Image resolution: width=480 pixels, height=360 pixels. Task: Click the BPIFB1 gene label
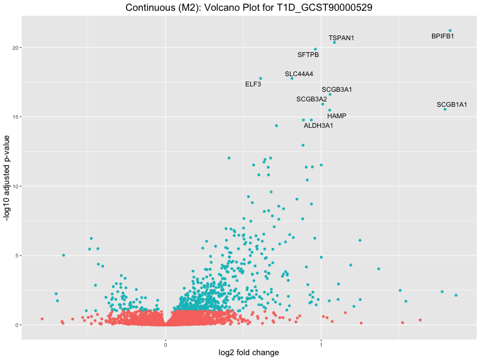[x=443, y=37]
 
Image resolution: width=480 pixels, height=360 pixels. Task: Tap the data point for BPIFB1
[x=450, y=31]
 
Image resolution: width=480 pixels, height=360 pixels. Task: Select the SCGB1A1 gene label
[x=452, y=105]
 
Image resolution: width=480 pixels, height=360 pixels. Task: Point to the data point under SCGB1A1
[x=445, y=109]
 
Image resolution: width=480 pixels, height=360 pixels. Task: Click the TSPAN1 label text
[x=341, y=38]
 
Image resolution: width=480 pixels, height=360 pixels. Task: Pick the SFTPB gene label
[x=308, y=55]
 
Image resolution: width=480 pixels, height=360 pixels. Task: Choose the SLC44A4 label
[x=299, y=74]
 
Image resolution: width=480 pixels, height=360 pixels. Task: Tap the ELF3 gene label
[x=253, y=85]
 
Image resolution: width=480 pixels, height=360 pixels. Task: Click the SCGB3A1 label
[x=337, y=90]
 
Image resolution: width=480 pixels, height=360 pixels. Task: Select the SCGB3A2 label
[x=311, y=99]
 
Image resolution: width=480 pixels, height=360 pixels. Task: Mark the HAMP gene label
[x=337, y=116]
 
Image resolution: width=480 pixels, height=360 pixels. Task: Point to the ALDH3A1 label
[x=318, y=126]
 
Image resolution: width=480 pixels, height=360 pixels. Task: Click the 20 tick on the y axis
[x=14, y=47]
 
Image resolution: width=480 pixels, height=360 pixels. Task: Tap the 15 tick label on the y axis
[x=14, y=116]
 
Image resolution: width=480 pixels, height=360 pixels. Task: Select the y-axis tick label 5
[x=16, y=256]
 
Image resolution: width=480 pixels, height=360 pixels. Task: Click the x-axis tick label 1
[x=321, y=345]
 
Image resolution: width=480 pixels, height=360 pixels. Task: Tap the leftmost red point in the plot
[x=42, y=319]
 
